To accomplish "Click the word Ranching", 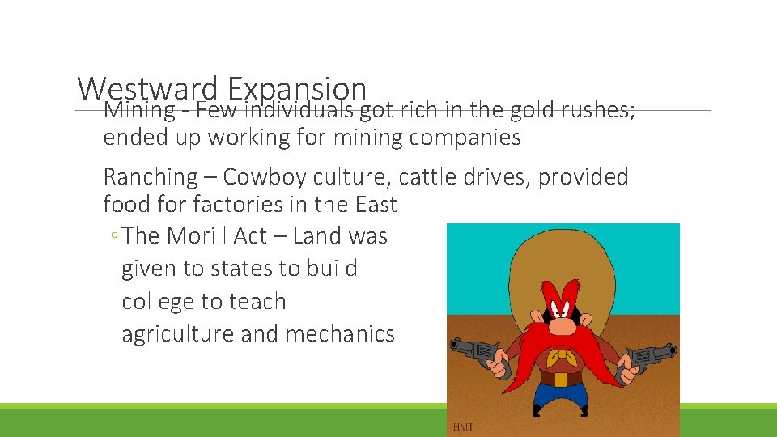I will click(151, 177).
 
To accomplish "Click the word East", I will click(374, 204).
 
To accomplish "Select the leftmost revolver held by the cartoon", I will click(477, 354).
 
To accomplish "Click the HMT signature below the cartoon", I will click(463, 426).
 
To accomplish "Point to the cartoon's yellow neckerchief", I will click(560, 358).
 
